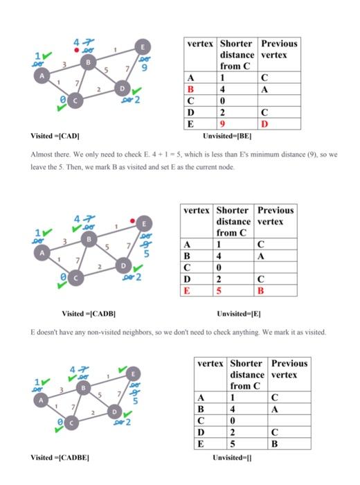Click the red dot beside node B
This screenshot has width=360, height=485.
pos(77,50)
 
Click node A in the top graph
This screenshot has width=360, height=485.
pos(43,76)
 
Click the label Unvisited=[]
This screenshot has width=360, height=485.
pos(232,457)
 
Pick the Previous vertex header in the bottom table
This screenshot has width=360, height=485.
pos(289,369)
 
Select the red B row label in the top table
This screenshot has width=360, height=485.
pos(190,89)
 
